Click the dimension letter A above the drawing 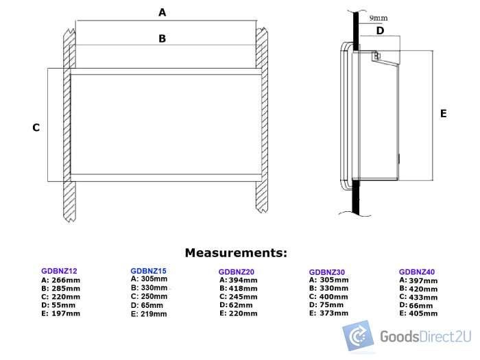(163, 12)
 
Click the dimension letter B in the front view (163, 39)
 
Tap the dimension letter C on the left (36, 128)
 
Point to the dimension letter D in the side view (380, 30)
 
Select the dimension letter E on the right (443, 113)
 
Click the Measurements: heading (236, 253)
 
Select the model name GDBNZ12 (59, 272)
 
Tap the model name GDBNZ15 (148, 271)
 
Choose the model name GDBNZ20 (237, 272)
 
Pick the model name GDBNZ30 (327, 272)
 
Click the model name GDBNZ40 (417, 272)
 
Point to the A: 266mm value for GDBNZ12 (60, 280)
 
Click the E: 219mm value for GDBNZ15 (148, 314)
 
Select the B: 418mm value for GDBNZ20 (239, 289)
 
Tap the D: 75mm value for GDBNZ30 (327, 305)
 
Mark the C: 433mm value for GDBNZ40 (418, 297)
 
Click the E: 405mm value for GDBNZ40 (418, 313)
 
